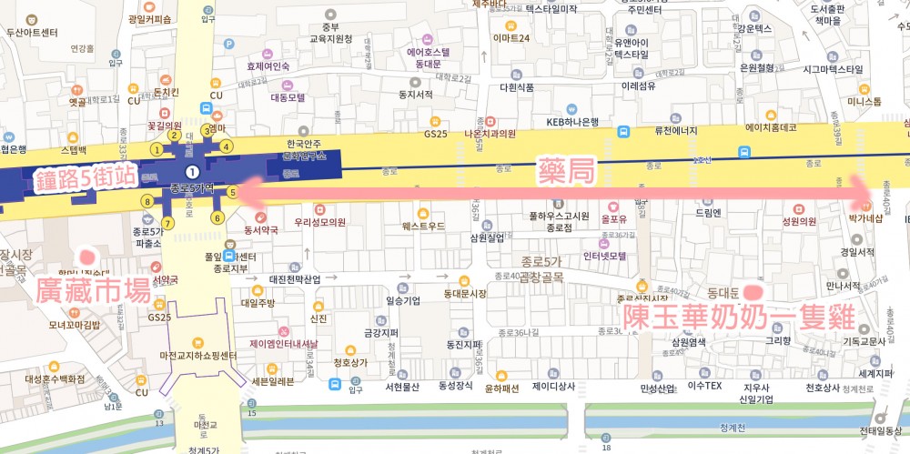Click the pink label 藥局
566,170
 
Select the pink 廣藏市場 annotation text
94,290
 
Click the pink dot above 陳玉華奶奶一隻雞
753,291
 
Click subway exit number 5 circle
232,192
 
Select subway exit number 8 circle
147,201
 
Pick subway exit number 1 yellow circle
157,149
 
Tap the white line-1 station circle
191,171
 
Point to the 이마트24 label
511,37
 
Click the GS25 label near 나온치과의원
437,133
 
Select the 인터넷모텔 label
604,256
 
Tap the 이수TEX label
704,387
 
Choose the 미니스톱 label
864,101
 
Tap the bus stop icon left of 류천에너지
624,131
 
